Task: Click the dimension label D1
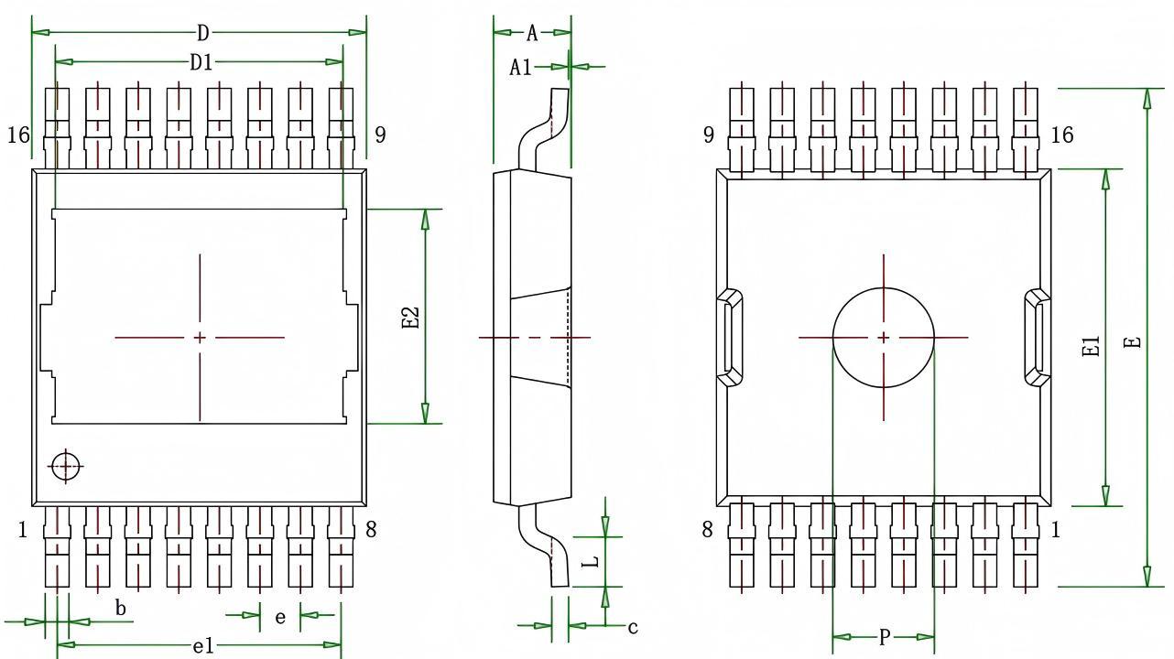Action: [x=201, y=62]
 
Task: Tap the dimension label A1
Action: [x=520, y=67]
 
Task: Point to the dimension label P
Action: [x=884, y=637]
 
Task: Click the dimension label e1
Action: [x=202, y=646]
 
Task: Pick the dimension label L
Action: [x=592, y=560]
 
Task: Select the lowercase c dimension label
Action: [x=632, y=627]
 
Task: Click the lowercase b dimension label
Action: [x=120, y=607]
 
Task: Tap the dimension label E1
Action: [x=1091, y=346]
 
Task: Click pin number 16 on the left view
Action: [x=18, y=135]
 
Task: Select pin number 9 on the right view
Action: [x=709, y=135]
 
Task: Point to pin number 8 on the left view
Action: [x=371, y=529]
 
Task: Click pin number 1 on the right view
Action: [x=1055, y=529]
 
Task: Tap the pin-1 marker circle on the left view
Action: [x=65, y=466]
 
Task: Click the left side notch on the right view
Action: [x=729, y=337]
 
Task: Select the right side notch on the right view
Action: [x=1037, y=337]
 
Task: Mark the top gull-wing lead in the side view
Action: [x=544, y=128]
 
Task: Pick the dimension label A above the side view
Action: [x=532, y=34]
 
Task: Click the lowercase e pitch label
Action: [x=280, y=617]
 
